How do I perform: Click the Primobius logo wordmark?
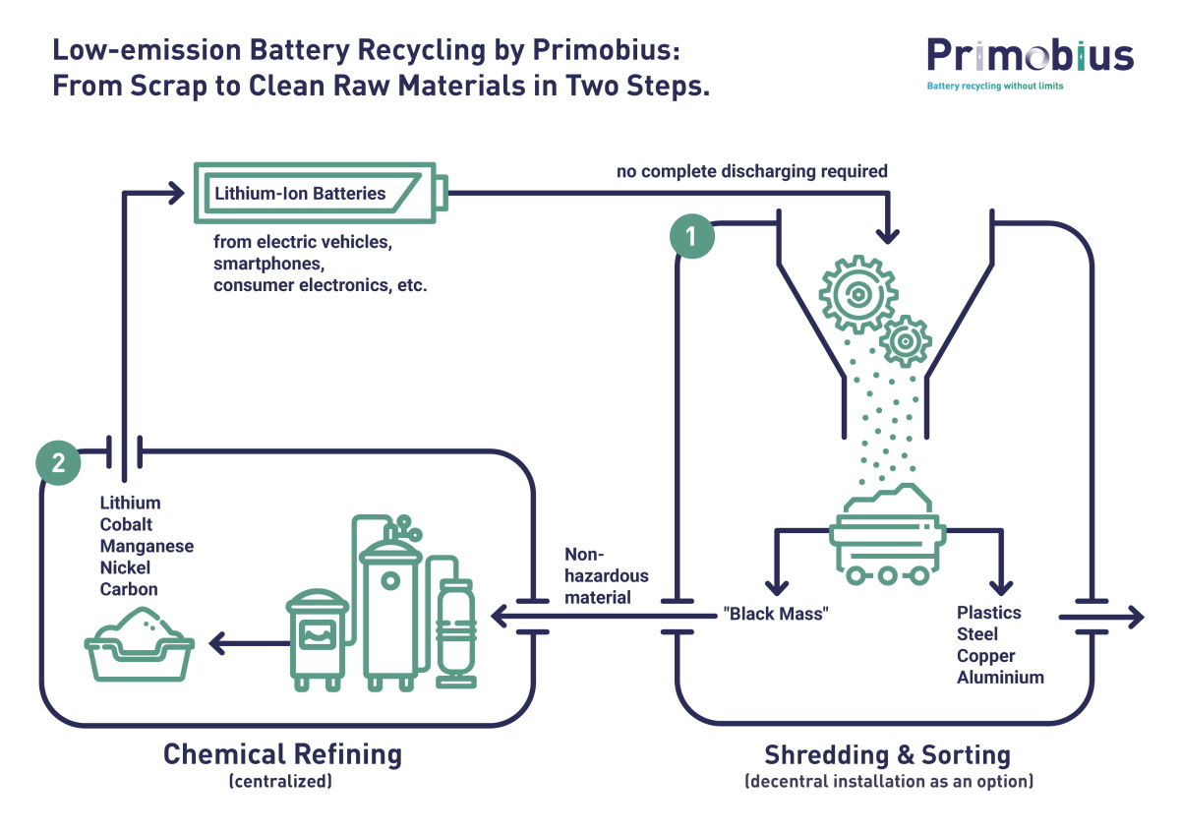coord(1030,55)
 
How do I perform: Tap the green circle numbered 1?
coord(691,236)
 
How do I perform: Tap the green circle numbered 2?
coord(58,462)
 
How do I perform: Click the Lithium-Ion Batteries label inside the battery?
coord(300,194)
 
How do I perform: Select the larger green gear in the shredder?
coord(858,294)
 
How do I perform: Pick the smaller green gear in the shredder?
coord(906,341)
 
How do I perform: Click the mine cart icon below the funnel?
coord(888,535)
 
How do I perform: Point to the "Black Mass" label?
coord(776,614)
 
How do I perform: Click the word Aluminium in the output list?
coord(1000,677)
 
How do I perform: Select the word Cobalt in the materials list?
coord(126,524)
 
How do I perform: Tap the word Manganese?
coord(147,546)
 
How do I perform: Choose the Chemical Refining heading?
coord(282,754)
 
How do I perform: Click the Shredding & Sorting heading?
coord(888,755)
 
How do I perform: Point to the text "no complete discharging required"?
coord(751,171)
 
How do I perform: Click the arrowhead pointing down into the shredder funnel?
coord(888,235)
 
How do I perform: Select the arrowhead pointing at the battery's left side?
coord(176,194)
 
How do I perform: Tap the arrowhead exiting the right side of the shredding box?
coord(1135,617)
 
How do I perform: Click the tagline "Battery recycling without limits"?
coord(994,86)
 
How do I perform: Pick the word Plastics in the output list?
coord(989,612)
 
